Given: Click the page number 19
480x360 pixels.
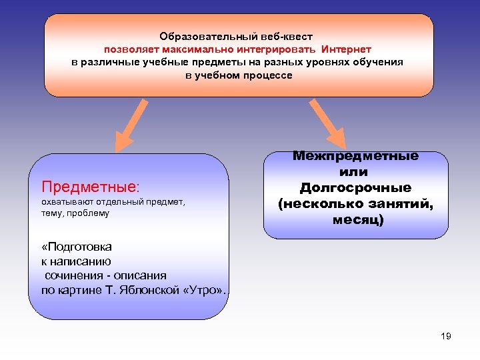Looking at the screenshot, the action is [x=446, y=336].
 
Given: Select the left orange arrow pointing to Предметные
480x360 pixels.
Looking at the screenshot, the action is [x=133, y=125].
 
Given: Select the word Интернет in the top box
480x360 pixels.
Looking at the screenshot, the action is [x=346, y=49].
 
